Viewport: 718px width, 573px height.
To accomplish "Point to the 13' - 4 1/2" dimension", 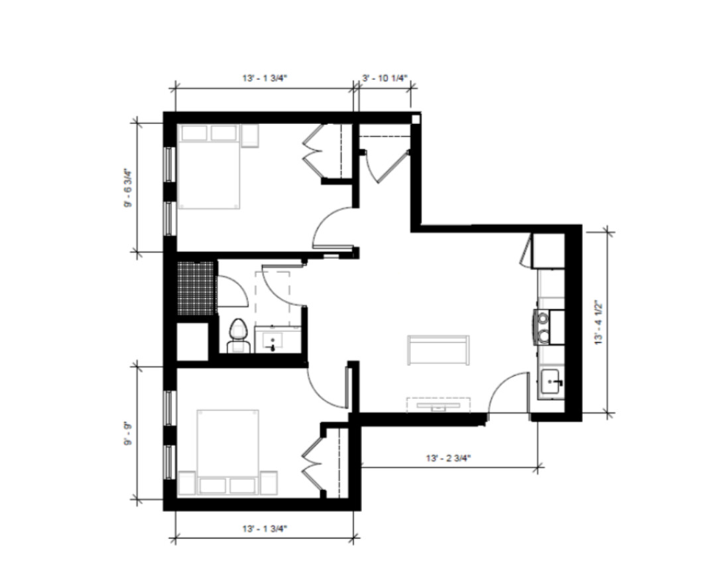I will [x=598, y=322].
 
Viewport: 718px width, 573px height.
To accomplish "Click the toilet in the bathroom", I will [x=237, y=336].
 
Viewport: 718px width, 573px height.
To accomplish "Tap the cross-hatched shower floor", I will [x=196, y=288].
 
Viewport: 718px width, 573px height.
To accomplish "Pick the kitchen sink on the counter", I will [x=551, y=383].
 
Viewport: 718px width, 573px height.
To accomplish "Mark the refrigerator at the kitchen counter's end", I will [x=550, y=250].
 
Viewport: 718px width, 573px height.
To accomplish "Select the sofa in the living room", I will [x=438, y=350].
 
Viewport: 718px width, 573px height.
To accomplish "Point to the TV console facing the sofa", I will [x=438, y=405].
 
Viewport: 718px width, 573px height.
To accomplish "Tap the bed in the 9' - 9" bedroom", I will [x=227, y=451].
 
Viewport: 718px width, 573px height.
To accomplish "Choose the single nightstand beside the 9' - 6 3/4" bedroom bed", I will [x=250, y=136].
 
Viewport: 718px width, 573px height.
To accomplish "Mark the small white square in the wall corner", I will [x=415, y=119].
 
